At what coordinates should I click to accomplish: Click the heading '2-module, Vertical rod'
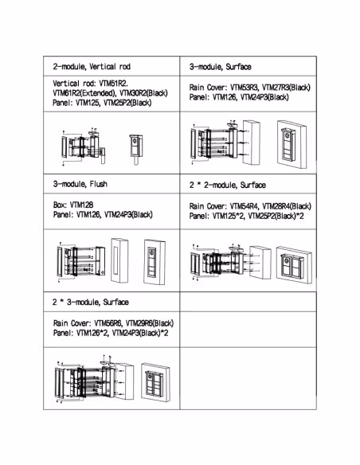92,66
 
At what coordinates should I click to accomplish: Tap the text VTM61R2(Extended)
84,93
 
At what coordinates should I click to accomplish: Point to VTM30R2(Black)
143,93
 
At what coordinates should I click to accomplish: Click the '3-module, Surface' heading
221,67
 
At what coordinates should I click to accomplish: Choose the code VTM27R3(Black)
286,88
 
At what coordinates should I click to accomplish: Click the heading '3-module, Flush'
80,184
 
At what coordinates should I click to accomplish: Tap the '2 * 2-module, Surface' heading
228,185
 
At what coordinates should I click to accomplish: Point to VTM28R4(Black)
287,206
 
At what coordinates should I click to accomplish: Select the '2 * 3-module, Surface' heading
91,303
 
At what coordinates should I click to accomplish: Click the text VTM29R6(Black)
150,323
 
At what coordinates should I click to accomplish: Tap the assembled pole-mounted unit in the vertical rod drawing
136,149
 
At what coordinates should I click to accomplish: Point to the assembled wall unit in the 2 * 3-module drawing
155,382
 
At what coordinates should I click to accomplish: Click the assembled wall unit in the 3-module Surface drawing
292,144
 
